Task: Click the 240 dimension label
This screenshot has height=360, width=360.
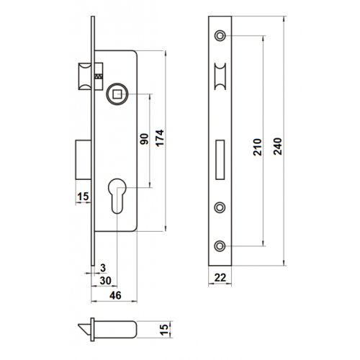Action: coord(278,146)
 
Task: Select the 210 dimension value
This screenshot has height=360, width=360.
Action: coord(257,147)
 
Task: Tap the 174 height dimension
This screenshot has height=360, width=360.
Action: coord(160,138)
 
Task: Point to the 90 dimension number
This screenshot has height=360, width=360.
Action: coord(144,139)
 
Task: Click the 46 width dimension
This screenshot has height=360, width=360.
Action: coord(115,295)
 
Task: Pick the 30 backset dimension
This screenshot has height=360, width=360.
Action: coord(106,281)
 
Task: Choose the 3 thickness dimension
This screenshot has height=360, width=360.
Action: coord(103,268)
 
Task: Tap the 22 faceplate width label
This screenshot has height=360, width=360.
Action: coord(220,278)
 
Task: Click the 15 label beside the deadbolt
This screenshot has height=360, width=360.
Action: coord(83,197)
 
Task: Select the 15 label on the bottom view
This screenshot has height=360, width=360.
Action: coord(164,330)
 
